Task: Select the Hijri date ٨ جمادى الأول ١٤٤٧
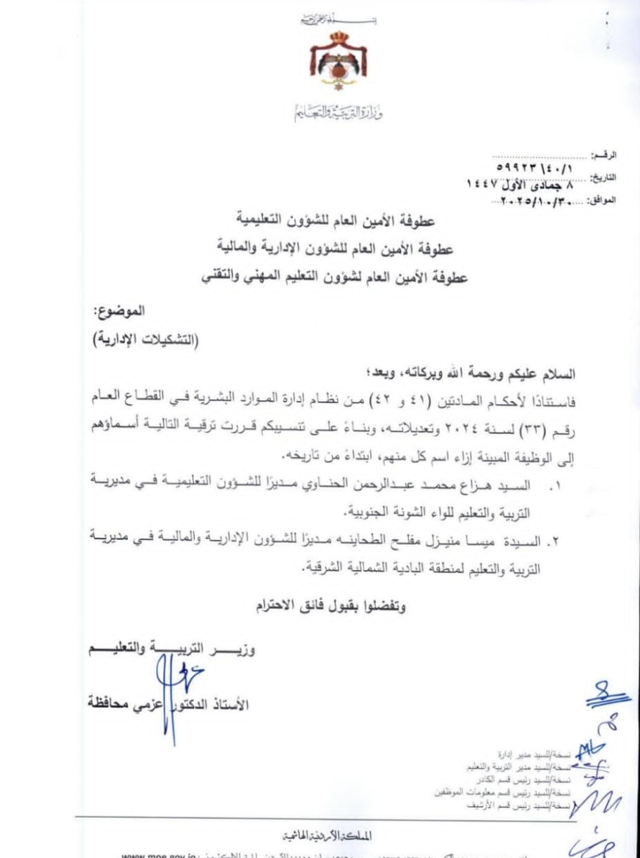pyautogui.click(x=520, y=184)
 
